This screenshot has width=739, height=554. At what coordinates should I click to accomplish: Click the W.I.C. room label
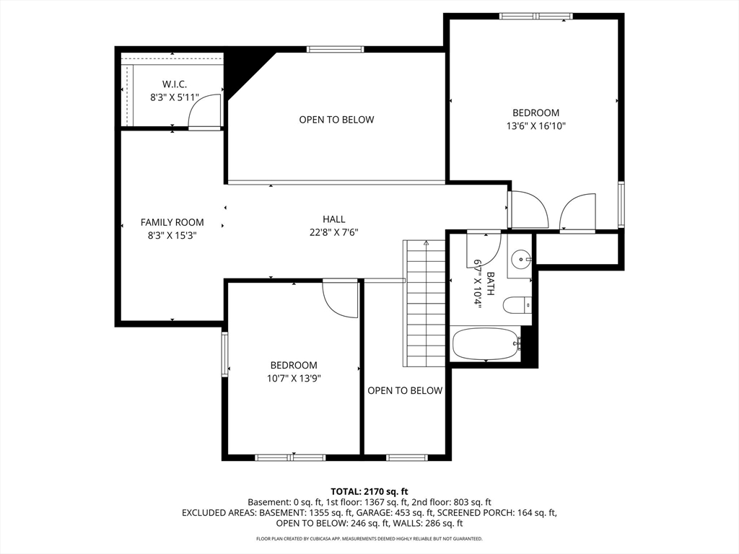175,84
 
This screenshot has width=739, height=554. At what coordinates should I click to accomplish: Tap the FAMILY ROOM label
172,222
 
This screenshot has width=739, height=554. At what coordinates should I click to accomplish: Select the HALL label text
333,219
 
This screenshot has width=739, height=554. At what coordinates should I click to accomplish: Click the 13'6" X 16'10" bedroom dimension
536,126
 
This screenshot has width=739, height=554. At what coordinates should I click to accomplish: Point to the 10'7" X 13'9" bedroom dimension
294,378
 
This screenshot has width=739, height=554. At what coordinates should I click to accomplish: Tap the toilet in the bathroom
517,305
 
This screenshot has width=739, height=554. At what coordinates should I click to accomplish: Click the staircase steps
424,304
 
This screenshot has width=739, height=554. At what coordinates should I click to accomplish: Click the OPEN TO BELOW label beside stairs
405,390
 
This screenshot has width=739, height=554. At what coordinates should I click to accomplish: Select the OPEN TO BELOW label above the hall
336,120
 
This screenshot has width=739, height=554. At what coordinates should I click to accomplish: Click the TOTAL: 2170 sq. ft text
369,492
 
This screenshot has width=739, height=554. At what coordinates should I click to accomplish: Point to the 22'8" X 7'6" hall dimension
334,232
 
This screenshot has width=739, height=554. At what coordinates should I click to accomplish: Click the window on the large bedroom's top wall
536,16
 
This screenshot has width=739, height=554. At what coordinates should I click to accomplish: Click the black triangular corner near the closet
245,71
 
